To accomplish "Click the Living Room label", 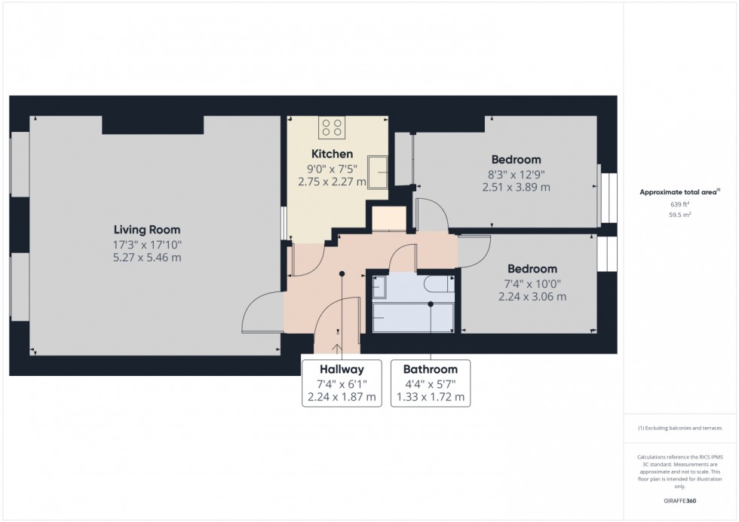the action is pos(147,230).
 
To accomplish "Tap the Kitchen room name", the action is pos(333,154).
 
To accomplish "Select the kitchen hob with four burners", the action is pos(332,127).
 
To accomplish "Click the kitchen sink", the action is pos(378,171).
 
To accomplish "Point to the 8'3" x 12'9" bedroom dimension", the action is pos(516,175).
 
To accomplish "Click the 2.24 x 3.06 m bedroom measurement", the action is pos(532,297).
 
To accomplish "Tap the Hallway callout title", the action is pos(342,369).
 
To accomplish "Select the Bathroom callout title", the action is pos(431,369).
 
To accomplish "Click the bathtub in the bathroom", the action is pos(413,318).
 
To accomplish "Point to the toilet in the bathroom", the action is pos(439,284).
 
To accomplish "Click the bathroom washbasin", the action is pos(379,287).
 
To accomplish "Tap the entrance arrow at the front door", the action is pos(338,349).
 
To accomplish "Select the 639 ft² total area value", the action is pos(679,204).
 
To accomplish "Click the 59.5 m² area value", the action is pos(679,215).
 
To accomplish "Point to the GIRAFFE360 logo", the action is pos(679,501).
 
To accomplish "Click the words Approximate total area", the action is pos(678,192).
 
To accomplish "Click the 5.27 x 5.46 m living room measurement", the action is pos(147,258).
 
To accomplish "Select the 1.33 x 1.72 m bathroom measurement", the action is pos(431,397).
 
